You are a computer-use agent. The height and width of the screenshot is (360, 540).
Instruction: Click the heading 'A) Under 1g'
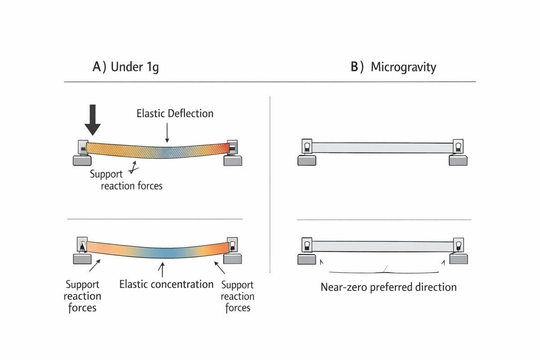click(126, 67)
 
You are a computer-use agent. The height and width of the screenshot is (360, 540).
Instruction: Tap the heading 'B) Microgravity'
click(393, 67)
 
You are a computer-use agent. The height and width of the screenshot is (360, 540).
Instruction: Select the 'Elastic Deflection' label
click(175, 113)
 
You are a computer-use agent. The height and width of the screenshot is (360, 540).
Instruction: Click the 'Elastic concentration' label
click(166, 284)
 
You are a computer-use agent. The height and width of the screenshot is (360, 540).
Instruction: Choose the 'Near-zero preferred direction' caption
click(388, 287)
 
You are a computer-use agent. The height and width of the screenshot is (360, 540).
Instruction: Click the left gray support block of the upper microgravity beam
click(306, 160)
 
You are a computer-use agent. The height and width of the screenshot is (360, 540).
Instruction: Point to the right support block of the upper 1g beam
click(232, 161)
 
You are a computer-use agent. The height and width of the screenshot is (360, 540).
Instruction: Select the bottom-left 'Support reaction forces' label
click(82, 296)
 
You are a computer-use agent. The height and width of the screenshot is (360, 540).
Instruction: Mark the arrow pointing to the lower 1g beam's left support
click(95, 265)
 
